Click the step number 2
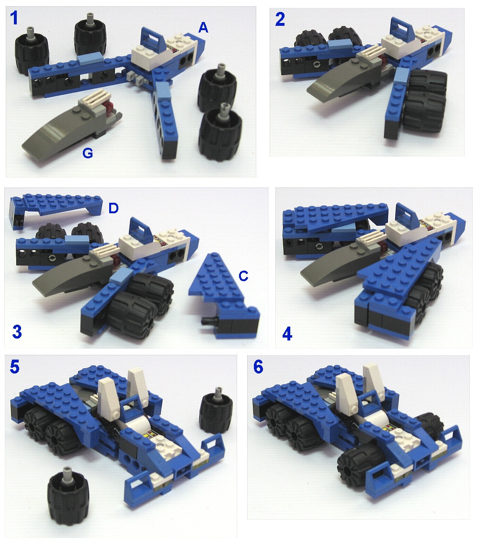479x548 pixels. point(280,19)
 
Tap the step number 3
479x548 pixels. point(17,331)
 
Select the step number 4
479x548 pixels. point(287,333)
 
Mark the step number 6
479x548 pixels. point(258,367)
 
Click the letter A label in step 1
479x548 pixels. point(203,29)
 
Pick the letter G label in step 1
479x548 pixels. point(87,154)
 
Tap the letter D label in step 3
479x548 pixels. point(114,208)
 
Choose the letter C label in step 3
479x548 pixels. point(243,275)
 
